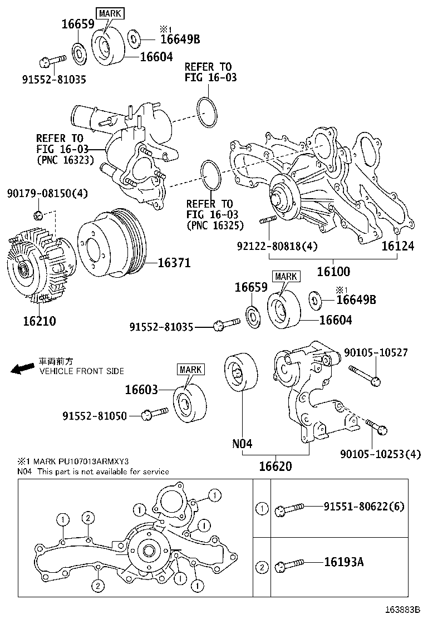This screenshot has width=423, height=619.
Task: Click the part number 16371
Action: [x=174, y=263]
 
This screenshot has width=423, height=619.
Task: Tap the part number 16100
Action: [x=333, y=272]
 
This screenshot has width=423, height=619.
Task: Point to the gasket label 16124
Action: [x=397, y=245]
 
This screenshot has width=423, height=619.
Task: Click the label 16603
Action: [x=141, y=390]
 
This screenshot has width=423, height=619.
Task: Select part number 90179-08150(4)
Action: [x=47, y=193]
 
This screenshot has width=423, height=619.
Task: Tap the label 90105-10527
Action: [x=376, y=352]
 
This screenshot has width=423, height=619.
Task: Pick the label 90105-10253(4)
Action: [x=380, y=454]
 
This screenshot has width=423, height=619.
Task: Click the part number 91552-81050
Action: [x=94, y=415]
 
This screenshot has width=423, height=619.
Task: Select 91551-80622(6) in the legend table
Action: [x=364, y=507]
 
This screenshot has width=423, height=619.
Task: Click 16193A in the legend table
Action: [x=343, y=562]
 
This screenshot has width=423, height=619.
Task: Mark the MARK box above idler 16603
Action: [x=190, y=369]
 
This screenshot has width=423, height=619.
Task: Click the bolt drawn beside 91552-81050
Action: [x=155, y=413]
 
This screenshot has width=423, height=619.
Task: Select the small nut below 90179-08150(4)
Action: [x=38, y=214]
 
